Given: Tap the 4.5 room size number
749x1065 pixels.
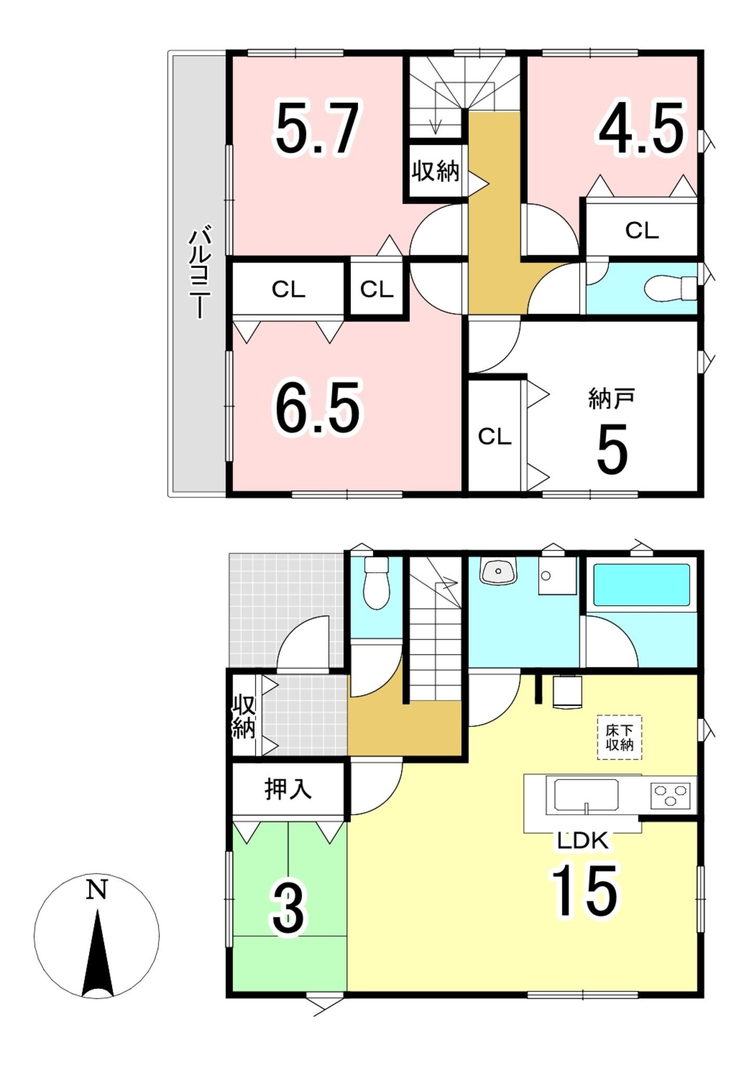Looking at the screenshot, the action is (x=641, y=127).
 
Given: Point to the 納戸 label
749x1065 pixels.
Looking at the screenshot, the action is (x=612, y=399).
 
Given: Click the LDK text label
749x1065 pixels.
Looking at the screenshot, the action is (x=583, y=841).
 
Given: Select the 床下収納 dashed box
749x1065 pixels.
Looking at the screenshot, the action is (x=619, y=737).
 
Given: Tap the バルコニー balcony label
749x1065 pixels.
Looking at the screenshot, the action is (x=199, y=272).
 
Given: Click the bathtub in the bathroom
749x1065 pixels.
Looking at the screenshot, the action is (x=641, y=585).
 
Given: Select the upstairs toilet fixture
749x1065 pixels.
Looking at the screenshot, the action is (x=670, y=288).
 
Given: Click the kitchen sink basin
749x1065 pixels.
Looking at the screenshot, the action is (x=586, y=795).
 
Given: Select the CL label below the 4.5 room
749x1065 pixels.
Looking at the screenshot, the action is (x=642, y=230).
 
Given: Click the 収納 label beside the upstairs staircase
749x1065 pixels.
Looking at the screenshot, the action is (x=436, y=171).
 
